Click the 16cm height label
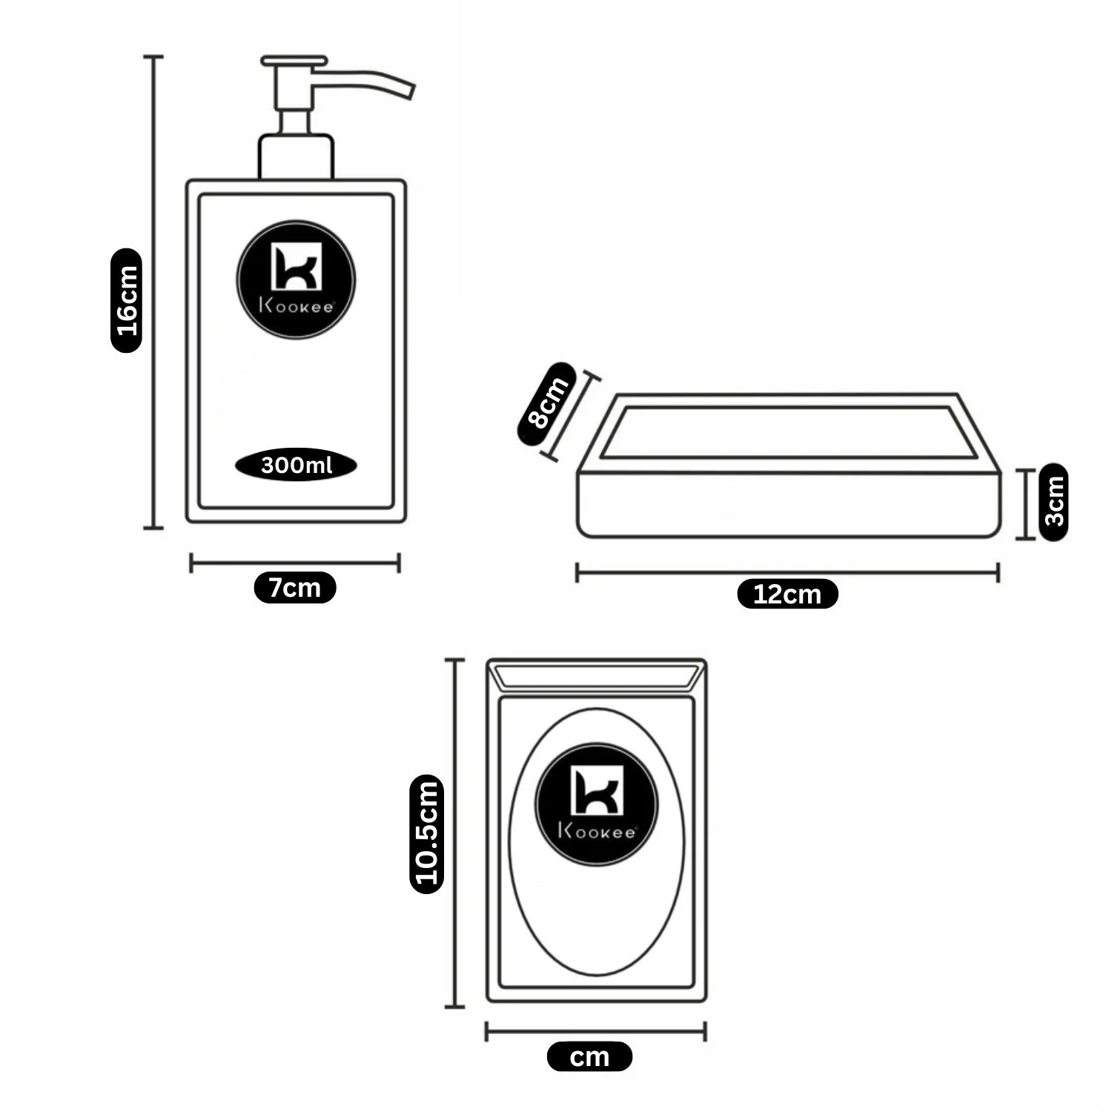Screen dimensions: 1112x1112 pyautogui.click(x=127, y=300)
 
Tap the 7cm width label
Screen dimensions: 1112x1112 pyautogui.click(x=295, y=588)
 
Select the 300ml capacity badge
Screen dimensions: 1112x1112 pyautogui.click(x=296, y=465)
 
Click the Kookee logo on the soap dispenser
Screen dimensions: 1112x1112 pyautogui.click(x=296, y=279)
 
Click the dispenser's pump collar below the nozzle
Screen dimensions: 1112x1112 pyautogui.click(x=296, y=157)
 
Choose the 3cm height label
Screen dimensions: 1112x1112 pyautogui.click(x=1053, y=502)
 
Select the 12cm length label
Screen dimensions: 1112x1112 pyautogui.click(x=787, y=594)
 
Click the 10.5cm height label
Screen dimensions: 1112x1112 pyautogui.click(x=427, y=833)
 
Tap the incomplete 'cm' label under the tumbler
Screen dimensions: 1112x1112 pyautogui.click(x=589, y=1056)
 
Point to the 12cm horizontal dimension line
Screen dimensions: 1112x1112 pyautogui.click(x=787, y=572)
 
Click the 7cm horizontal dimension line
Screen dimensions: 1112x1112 pyautogui.click(x=295, y=563)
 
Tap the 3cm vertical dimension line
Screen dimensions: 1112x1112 pyautogui.click(x=1026, y=504)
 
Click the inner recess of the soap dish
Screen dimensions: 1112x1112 pyautogui.click(x=787, y=432)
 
